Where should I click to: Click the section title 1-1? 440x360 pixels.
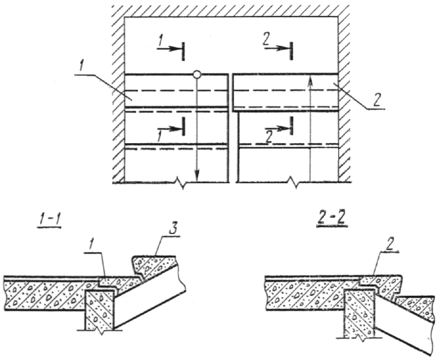49,221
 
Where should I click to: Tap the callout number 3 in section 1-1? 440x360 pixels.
172,230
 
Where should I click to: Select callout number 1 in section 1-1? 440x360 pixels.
91,246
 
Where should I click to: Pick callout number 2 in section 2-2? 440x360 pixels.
389,246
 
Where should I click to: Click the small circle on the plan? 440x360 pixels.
197,74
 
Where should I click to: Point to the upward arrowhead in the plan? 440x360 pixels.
310,81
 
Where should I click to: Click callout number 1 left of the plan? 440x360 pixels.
81,67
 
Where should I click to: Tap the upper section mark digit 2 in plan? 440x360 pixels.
266,39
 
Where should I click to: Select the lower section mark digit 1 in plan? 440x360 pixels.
160,136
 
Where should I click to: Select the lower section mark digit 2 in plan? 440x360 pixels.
269,138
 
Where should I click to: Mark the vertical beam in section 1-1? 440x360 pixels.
100,310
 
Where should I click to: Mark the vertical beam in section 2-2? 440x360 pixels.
360,312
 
